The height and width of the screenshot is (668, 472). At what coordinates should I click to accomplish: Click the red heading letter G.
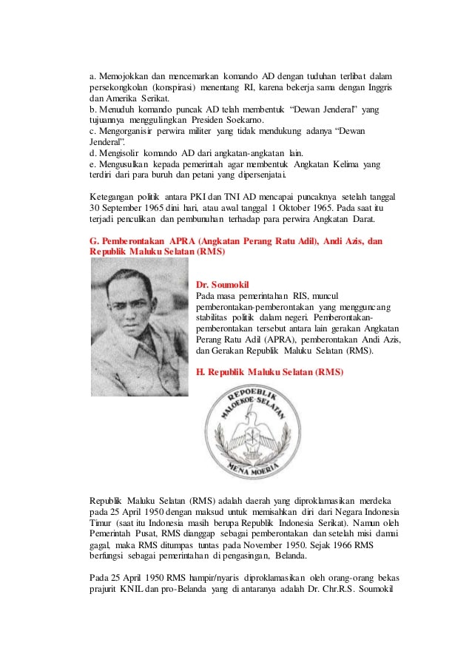point(94,242)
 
